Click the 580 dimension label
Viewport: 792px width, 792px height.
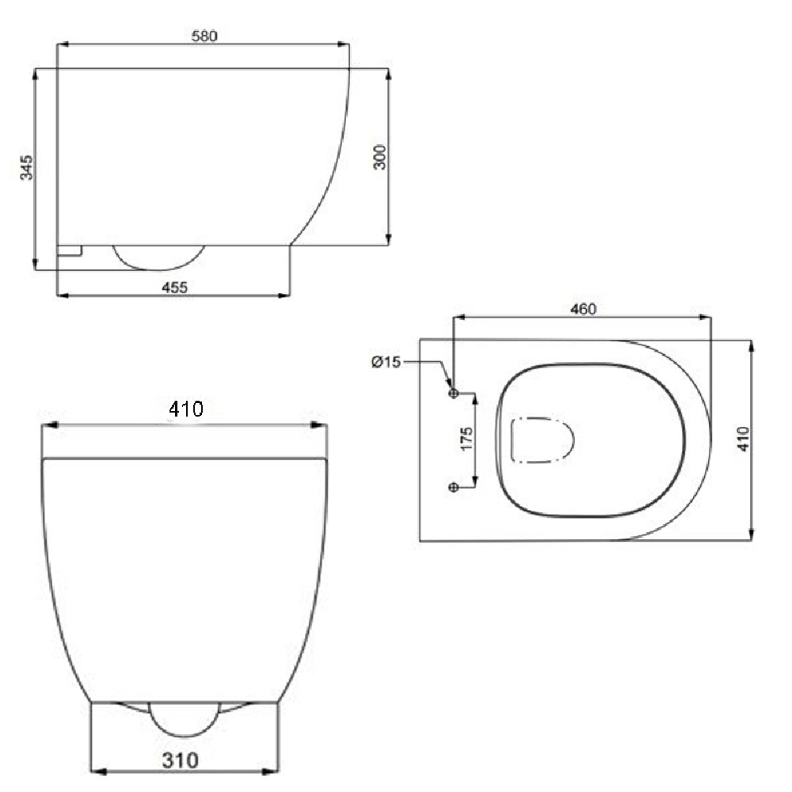[x=204, y=36]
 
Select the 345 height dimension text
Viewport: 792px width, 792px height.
[x=26, y=167]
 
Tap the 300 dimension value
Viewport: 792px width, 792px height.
[x=380, y=157]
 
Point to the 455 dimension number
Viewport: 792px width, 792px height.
[x=175, y=287]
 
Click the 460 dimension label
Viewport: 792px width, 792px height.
[x=584, y=309]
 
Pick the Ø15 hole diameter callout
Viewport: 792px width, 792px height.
[x=386, y=362]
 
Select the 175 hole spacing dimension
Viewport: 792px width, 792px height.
[x=466, y=439]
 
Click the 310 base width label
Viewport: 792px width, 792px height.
[x=181, y=760]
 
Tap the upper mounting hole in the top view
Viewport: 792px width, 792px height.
[x=454, y=393]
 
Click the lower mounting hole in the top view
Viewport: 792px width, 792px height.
[x=454, y=487]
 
